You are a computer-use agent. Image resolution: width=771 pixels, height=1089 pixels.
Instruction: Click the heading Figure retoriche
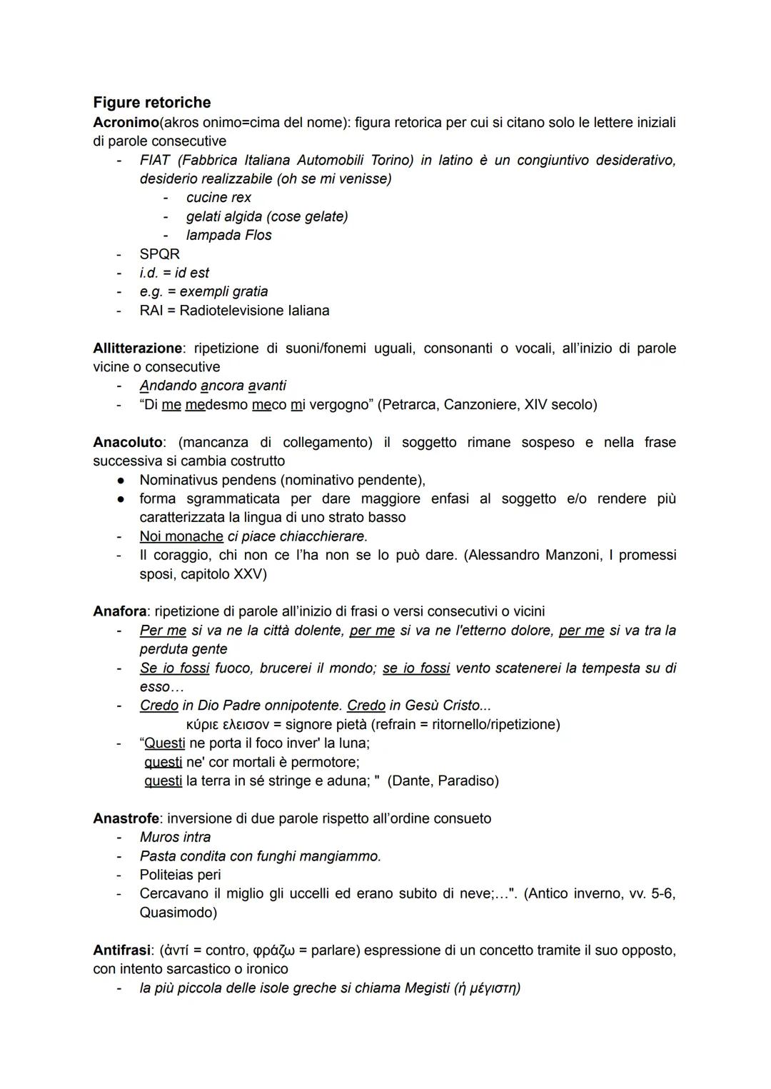click(151, 103)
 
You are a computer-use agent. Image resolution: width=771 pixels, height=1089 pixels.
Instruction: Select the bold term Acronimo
click(126, 123)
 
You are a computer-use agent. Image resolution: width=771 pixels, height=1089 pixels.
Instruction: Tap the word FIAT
click(155, 160)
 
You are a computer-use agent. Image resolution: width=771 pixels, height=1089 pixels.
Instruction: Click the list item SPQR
click(160, 254)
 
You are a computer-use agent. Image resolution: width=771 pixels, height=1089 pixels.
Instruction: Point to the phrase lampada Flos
click(228, 235)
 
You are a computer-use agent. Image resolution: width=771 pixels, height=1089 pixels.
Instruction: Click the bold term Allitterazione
click(137, 348)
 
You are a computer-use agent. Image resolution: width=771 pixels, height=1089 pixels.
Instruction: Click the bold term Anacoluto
click(128, 443)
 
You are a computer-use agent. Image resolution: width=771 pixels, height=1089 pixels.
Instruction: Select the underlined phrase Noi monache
click(181, 536)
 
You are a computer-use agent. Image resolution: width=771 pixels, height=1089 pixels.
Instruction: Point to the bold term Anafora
click(119, 612)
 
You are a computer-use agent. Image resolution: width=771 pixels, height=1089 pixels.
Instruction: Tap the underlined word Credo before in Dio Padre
click(158, 706)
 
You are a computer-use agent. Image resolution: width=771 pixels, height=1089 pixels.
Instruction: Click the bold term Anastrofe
click(126, 818)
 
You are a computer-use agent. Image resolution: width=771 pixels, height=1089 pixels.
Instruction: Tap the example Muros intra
click(175, 837)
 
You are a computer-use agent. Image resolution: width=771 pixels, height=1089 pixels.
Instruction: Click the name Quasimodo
click(178, 913)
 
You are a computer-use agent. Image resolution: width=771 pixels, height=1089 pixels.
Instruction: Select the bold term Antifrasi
click(122, 950)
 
